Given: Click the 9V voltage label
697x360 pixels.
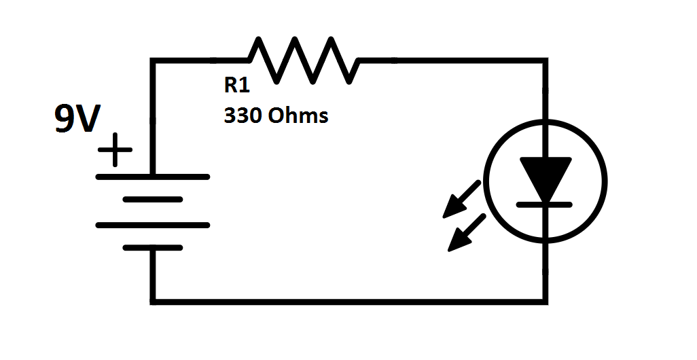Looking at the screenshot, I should click(x=76, y=120).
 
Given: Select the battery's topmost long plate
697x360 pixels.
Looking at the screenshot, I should click(x=153, y=177).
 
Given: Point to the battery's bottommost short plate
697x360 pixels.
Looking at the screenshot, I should click(x=153, y=249).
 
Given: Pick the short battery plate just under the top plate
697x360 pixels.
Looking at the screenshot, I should click(x=153, y=200).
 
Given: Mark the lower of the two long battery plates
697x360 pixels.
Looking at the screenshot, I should click(x=153, y=225).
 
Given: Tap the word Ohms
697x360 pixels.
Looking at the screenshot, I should click(x=298, y=115).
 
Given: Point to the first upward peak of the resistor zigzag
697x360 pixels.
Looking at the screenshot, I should click(x=260, y=40).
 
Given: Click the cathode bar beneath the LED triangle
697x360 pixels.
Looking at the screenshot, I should click(x=546, y=203).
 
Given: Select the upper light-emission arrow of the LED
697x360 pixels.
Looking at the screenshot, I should click(x=463, y=199).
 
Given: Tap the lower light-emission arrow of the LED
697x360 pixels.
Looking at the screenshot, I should click(x=467, y=232).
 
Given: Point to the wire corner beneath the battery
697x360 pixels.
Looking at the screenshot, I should click(x=154, y=299).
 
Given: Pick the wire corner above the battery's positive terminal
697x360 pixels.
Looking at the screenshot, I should click(x=154, y=62).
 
